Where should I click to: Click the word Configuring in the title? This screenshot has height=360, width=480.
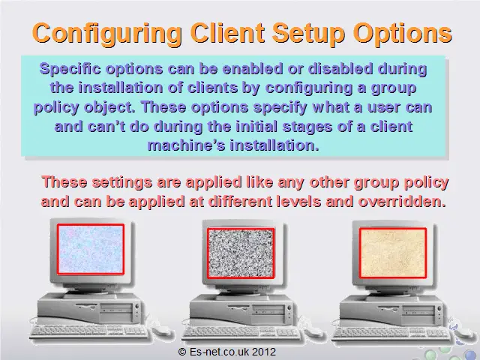point(107,34)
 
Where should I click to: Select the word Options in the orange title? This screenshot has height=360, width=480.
point(402,34)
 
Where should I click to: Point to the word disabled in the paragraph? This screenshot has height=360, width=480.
point(340,68)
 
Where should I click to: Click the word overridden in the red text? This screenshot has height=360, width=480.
point(402,202)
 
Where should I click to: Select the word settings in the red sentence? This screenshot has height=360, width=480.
point(122,183)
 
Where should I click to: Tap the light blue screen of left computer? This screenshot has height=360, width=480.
point(91,249)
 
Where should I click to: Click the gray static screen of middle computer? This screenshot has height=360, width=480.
point(241,253)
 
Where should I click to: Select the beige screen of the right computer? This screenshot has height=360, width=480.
point(393,253)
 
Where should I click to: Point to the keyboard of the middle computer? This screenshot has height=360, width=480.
point(241,333)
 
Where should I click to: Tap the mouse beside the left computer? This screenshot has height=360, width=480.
point(161,330)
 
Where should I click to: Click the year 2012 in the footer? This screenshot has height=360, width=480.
point(264,352)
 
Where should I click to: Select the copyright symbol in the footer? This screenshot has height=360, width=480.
point(182,352)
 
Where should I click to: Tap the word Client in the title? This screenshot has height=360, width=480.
point(227,33)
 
